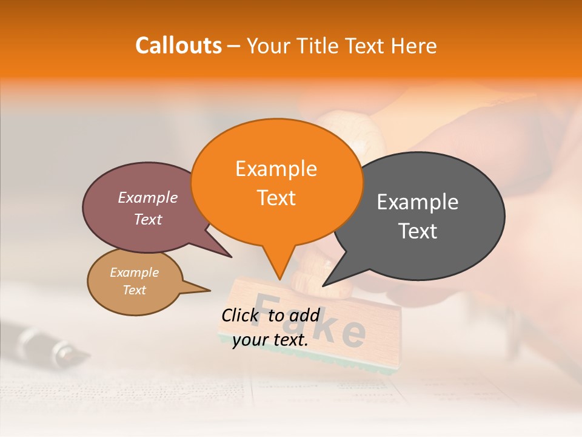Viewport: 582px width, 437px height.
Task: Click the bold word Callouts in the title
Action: (178, 46)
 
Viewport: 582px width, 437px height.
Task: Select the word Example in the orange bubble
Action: (276, 169)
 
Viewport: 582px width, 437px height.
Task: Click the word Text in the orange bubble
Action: (276, 198)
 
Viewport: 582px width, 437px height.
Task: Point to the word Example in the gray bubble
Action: (418, 202)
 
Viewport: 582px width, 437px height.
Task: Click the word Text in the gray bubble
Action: (418, 231)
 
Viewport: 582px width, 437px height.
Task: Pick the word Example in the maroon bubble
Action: (147, 197)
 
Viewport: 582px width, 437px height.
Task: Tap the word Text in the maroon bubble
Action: (147, 219)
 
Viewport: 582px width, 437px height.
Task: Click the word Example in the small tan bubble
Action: (134, 273)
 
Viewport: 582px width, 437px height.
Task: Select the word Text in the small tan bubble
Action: (134, 290)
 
